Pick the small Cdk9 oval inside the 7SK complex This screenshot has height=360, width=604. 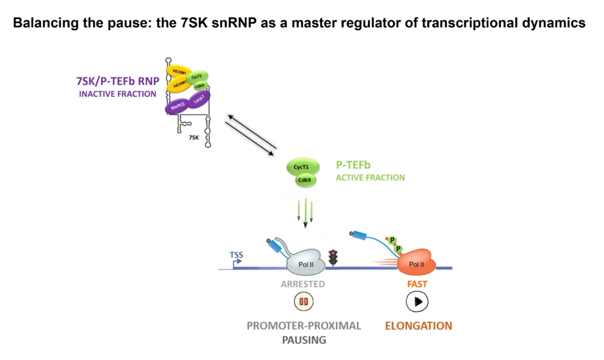199,86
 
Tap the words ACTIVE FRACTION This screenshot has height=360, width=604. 370,178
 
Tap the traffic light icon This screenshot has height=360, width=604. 334,257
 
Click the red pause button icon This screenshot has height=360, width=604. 304,302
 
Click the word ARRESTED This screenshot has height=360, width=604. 303,284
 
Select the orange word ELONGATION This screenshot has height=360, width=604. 418,326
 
